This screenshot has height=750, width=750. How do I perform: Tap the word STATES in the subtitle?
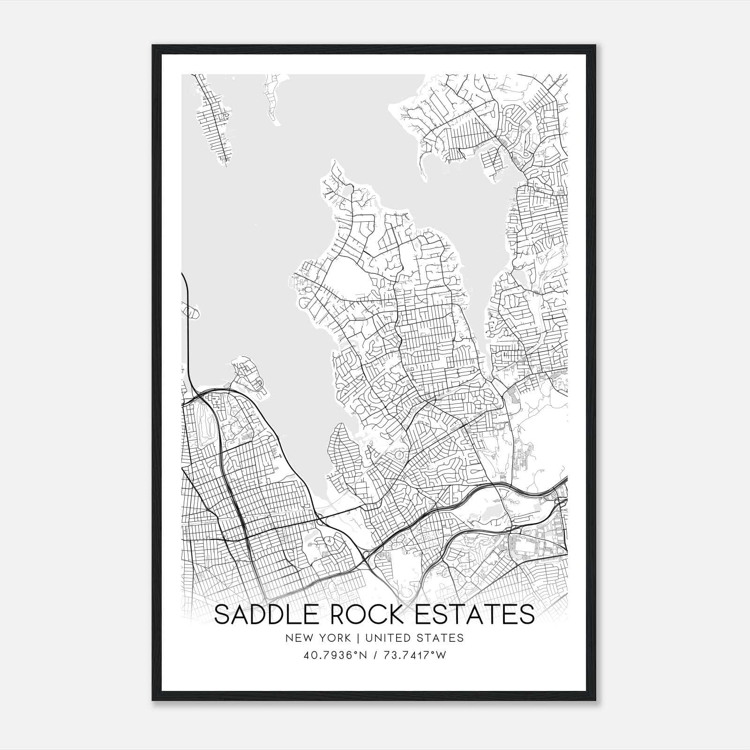point(441,638)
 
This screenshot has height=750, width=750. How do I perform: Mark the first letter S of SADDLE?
point(222,615)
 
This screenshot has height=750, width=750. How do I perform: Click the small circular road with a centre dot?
point(330,541)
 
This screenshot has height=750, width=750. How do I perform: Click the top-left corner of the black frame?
point(153,46)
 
